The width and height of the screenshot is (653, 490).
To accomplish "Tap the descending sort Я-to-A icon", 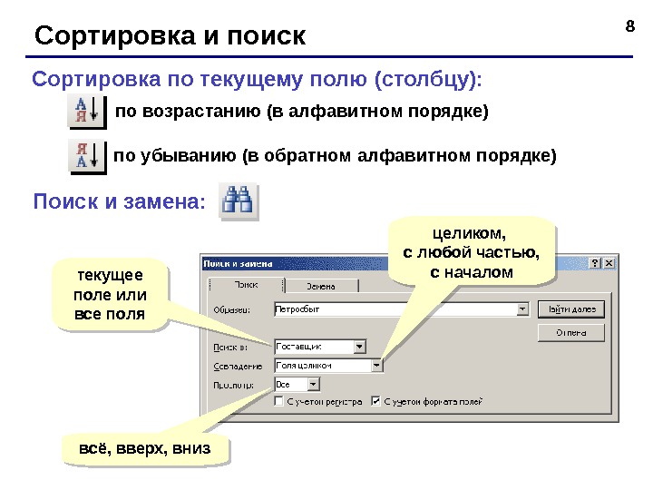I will pos(88,155).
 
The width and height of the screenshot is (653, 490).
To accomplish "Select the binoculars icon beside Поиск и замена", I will pos(242,200).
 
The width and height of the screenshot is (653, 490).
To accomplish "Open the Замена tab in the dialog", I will pos(321,286).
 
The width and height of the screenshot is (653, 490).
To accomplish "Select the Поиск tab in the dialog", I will pos(246,285).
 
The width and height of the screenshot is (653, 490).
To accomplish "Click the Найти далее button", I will pos(571,309).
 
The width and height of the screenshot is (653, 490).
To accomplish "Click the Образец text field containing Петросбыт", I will pos(395,309).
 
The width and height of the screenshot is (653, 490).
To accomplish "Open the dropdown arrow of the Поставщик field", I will pos(359,346).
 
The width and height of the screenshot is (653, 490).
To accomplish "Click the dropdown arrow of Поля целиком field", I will pos(376,366).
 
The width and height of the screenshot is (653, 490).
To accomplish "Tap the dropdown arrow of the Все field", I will pos(358,385).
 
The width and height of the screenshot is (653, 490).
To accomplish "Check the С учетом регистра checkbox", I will pos(279,400).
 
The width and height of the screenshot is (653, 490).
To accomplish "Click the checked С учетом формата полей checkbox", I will pos(376,400).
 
